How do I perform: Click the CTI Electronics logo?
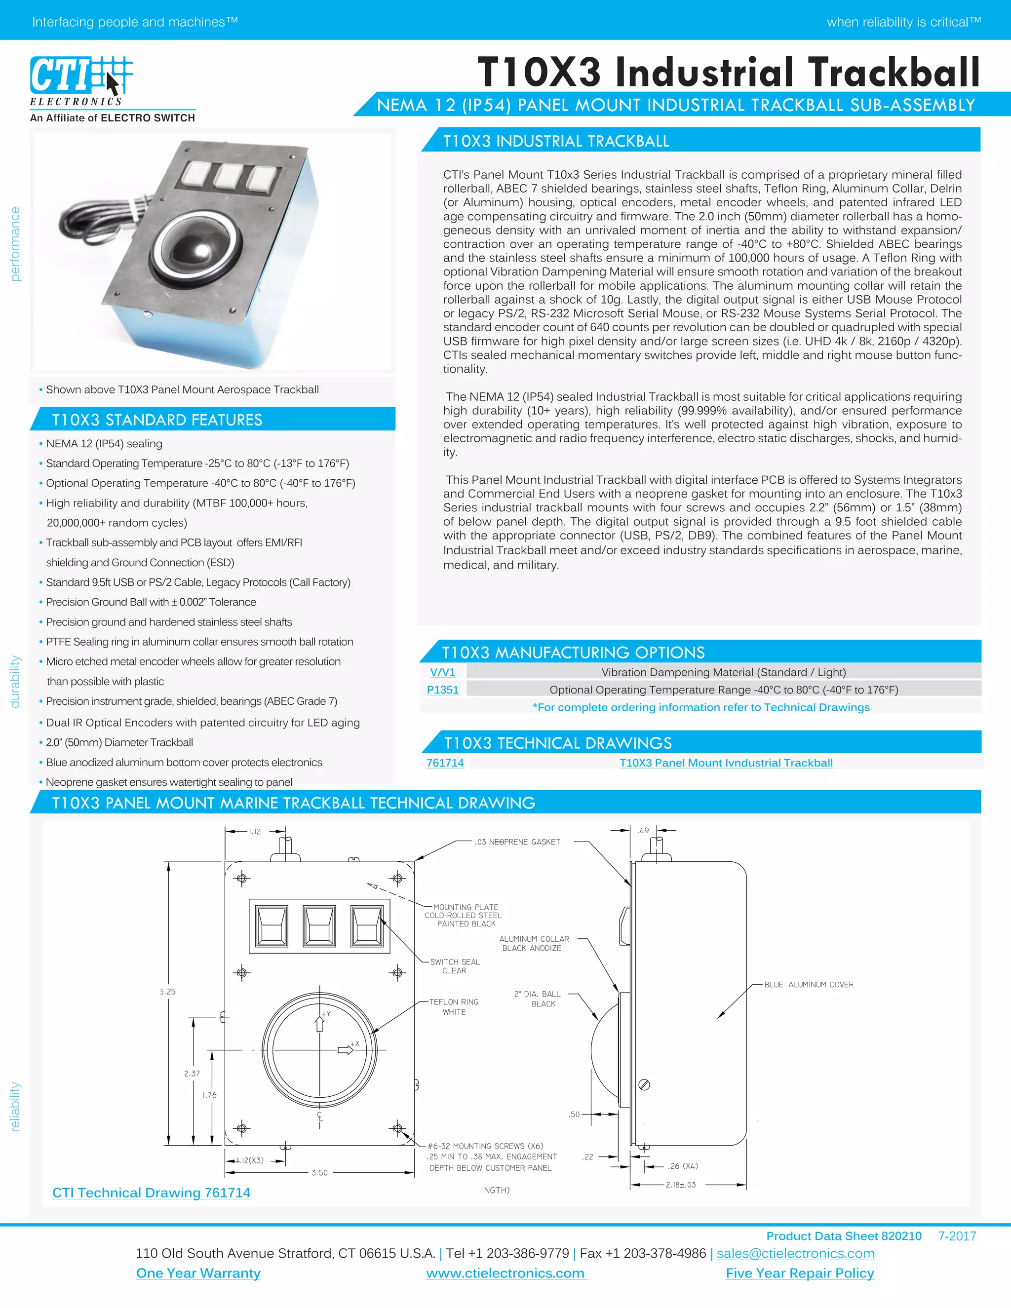[x=81, y=81]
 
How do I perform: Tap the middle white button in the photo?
[x=228, y=176]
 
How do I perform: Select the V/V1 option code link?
[x=443, y=672]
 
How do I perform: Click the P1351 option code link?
[x=443, y=690]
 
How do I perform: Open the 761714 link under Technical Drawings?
[x=445, y=763]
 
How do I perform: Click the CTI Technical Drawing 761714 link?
[x=151, y=1193]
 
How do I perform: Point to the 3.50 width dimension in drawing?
[x=319, y=1173]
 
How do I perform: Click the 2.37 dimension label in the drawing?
[x=192, y=1073]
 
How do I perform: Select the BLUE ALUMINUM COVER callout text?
[x=808, y=985]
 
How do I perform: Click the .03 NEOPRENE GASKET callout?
[x=517, y=842]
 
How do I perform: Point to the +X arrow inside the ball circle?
[x=346, y=1049]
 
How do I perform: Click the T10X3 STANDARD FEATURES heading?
[x=157, y=420]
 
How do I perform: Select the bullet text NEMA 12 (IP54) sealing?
[x=104, y=444]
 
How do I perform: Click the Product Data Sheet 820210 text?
[x=843, y=1235]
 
